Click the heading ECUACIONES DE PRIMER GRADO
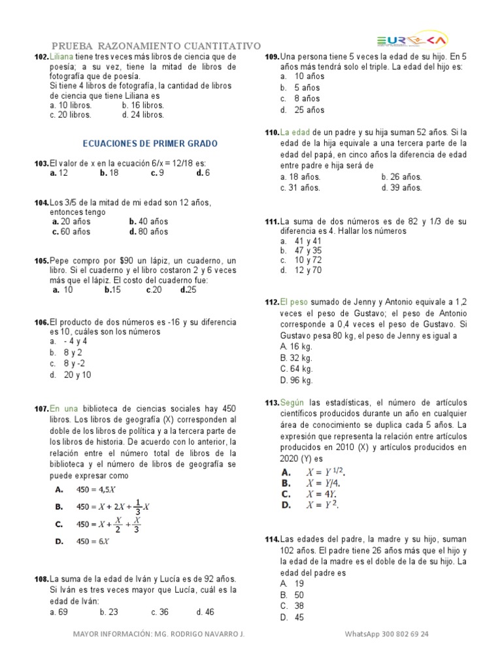point(150,144)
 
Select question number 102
point(41,57)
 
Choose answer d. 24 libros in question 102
point(143,114)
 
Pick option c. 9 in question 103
point(157,173)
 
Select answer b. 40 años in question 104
point(149,221)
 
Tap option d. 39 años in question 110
point(401,188)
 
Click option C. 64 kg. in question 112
point(296,368)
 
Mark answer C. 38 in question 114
point(292,606)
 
